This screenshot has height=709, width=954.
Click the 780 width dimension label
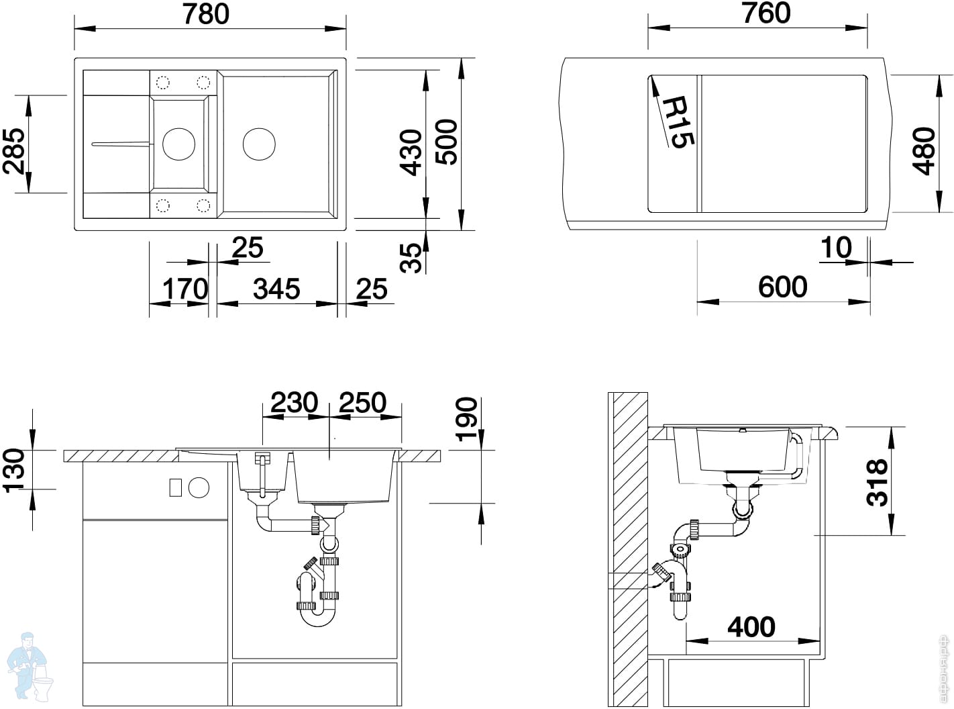click(x=206, y=14)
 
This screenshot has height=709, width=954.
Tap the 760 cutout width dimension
click(x=766, y=13)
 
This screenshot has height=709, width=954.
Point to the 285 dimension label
click(x=14, y=150)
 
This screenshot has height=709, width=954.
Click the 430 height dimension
click(x=411, y=152)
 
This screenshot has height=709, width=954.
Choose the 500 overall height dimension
click(x=446, y=142)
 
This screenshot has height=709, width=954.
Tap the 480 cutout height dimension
click(x=923, y=151)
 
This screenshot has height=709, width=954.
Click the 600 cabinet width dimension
click(x=782, y=287)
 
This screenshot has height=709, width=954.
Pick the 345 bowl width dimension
click(x=276, y=289)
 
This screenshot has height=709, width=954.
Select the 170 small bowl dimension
click(x=185, y=289)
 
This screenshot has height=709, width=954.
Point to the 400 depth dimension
click(x=751, y=627)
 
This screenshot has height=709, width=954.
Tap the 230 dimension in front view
click(x=295, y=402)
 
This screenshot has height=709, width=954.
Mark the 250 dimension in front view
click(x=362, y=402)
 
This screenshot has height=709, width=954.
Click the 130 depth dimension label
click(x=14, y=471)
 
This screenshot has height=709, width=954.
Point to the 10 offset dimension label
click(x=836, y=248)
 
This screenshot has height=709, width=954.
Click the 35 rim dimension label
click(x=411, y=258)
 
